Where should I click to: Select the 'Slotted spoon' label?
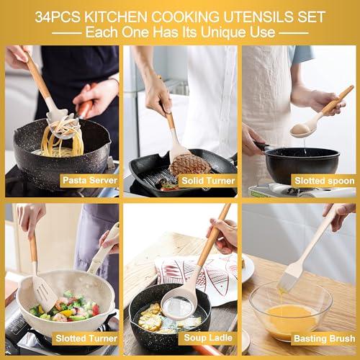point(323,180)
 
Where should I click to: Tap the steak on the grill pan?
point(190,164)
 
